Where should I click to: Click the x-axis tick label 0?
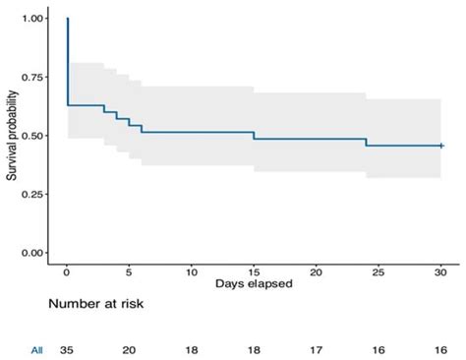point(66,269)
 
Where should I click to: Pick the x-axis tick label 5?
point(129,269)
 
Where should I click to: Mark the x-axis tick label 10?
point(191,269)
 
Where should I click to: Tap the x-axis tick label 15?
point(254,269)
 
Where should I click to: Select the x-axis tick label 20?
point(316,269)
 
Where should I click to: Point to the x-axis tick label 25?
point(379,269)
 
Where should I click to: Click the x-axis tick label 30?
point(440,269)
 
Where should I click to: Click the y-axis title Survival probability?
point(10,136)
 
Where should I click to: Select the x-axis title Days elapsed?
point(253,283)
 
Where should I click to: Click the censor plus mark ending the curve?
point(441,146)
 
